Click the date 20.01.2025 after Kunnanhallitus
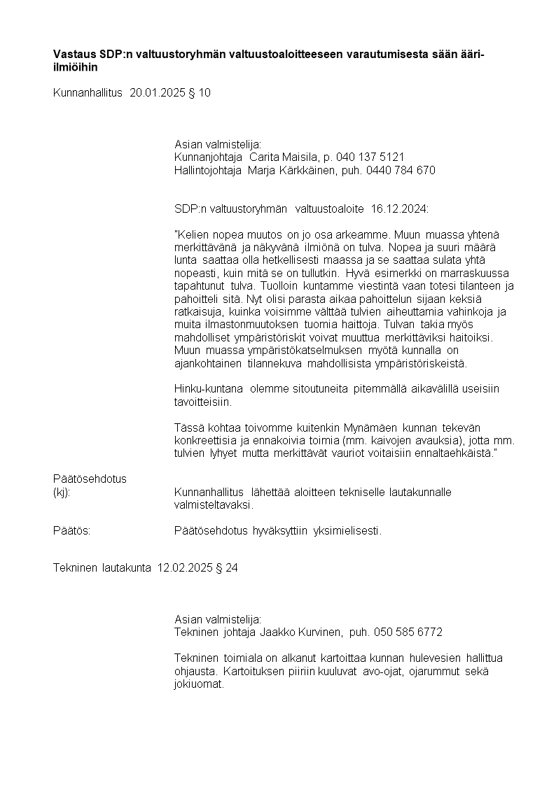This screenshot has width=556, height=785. pos(158,92)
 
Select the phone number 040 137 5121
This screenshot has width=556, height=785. pos(370,157)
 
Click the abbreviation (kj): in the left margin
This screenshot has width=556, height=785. pos(62,492)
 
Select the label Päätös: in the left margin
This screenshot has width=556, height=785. pos(72,531)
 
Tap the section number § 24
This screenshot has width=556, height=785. pos(227,568)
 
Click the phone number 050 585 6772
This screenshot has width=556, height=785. pos(408,632)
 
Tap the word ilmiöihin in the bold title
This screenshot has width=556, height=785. pos(75,68)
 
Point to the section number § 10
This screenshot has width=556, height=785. pos(200,92)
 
